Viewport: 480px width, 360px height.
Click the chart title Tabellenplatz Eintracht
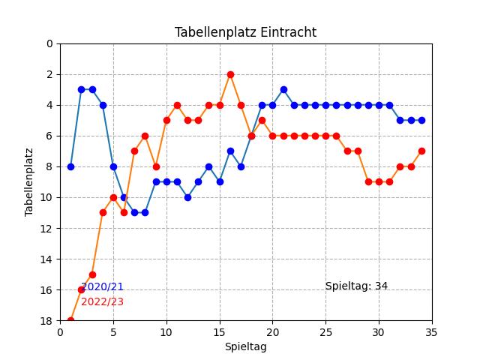point(245,32)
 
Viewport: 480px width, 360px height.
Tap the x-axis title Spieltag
point(245,346)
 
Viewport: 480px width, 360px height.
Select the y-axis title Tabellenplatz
point(29,182)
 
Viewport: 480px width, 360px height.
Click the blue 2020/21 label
point(102,286)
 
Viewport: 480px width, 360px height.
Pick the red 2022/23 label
point(102,301)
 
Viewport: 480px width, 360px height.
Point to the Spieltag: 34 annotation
point(356,286)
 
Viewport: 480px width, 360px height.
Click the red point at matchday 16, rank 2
point(230,74)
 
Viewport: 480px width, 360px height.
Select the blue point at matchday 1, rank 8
point(70,166)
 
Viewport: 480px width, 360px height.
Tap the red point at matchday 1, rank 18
point(70,321)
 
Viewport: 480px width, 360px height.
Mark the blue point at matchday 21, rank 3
point(283,89)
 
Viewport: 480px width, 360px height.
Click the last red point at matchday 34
point(421,151)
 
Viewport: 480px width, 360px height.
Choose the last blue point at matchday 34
point(421,120)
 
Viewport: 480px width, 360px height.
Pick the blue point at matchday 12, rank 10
point(187,197)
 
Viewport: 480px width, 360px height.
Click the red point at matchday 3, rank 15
point(92,274)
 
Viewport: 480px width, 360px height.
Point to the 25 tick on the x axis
point(325,331)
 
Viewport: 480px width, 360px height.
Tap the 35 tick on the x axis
point(432,331)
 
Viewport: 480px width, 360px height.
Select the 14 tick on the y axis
point(48,259)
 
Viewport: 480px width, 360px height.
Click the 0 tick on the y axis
point(49,43)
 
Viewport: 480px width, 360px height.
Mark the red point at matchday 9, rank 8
point(156,166)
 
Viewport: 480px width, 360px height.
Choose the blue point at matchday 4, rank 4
point(103,105)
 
